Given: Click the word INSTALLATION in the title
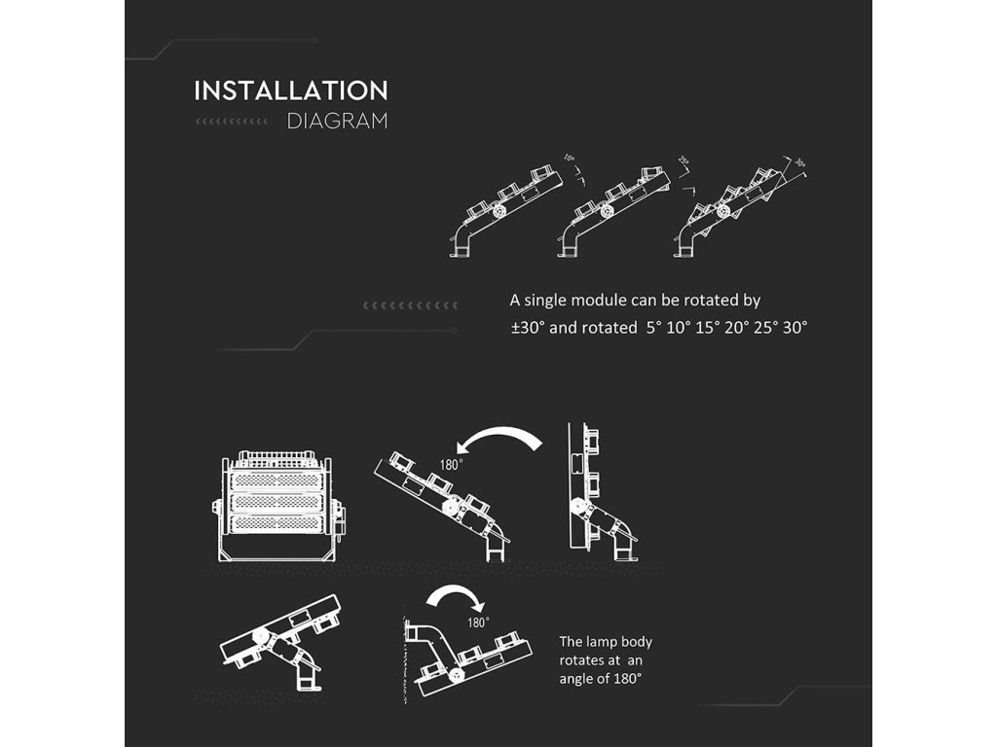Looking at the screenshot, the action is (291, 91).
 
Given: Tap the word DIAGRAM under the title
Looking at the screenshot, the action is (338, 122).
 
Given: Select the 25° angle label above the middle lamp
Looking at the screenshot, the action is (683, 160).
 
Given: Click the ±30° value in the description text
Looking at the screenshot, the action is (528, 328).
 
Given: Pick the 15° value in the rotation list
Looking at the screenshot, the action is (707, 328).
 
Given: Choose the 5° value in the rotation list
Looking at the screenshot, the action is (652, 328).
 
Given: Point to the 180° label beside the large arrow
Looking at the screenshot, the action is (449, 465).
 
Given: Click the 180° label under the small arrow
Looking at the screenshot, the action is (478, 622).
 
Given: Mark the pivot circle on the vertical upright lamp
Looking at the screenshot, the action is (577, 506).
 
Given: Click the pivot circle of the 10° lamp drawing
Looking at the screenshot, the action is (499, 211).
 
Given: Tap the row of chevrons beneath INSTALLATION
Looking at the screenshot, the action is (232, 122).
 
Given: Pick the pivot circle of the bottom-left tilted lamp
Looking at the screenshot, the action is (262, 636).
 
